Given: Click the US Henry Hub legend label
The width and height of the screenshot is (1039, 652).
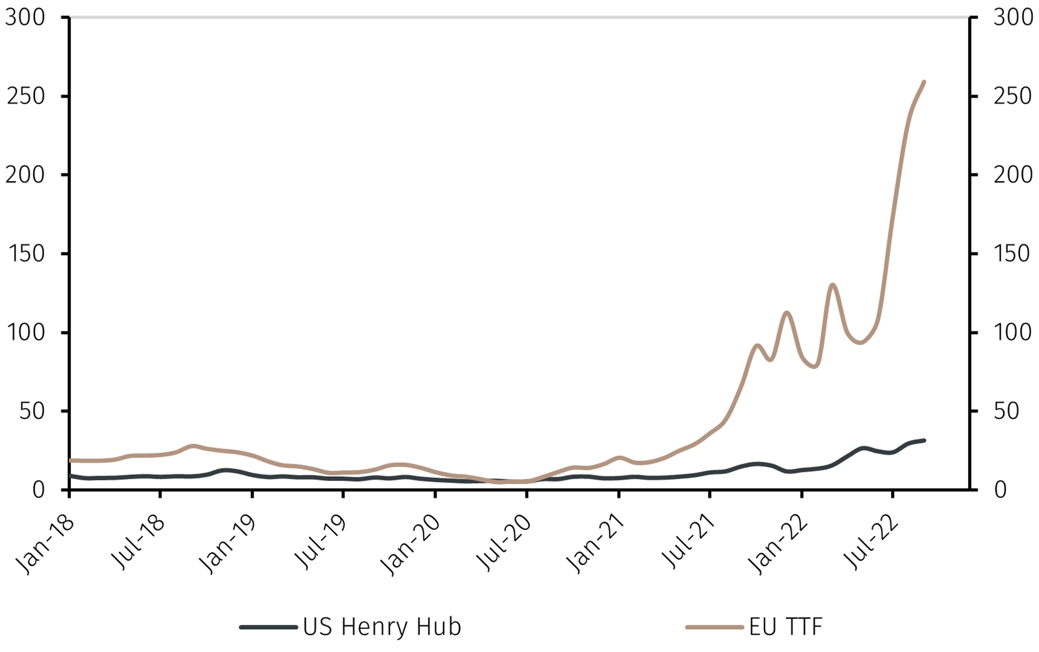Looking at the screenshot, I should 381,627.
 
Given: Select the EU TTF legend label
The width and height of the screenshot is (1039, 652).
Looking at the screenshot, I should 786,627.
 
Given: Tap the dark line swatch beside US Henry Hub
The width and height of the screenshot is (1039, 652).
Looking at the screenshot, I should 268,627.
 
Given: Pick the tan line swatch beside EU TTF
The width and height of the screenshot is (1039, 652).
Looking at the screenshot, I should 714,627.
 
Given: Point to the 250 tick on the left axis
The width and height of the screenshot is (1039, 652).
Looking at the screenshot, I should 25,97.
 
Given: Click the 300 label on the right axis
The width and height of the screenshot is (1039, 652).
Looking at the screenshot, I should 1013,18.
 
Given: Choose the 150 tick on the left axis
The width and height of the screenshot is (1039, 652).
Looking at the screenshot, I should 25,254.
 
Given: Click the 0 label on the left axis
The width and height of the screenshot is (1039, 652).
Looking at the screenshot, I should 38,490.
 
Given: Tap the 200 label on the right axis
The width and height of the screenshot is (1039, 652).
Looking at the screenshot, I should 1013,175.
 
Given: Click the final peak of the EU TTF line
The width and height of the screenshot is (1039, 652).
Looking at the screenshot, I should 924,82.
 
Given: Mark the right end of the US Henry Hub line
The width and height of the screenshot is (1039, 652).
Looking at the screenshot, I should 924,441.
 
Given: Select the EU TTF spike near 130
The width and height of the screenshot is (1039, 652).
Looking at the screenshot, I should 833,285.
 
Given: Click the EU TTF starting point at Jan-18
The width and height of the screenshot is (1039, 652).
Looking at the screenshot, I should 71,460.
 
